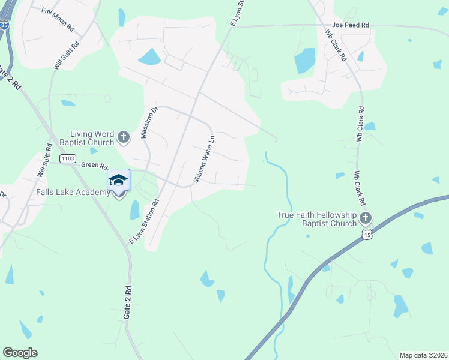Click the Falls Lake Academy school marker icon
pyautogui.click(x=118, y=181)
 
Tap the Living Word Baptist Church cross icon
pyautogui.click(x=124, y=137)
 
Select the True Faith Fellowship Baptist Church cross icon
pyautogui.click(x=366, y=218)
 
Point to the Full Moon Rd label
pyautogui.click(x=58, y=19)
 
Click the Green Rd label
pyautogui.click(x=94, y=166)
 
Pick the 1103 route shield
pyautogui.click(x=68, y=158)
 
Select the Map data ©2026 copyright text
pyautogui.click(x=423, y=355)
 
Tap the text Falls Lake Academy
pyautogui.click(x=55, y=192)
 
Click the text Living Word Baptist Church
pyautogui.click(x=92, y=138)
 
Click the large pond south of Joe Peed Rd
pyautogui.click(x=305, y=60)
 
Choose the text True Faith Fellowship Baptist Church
pyautogui.click(x=316, y=219)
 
